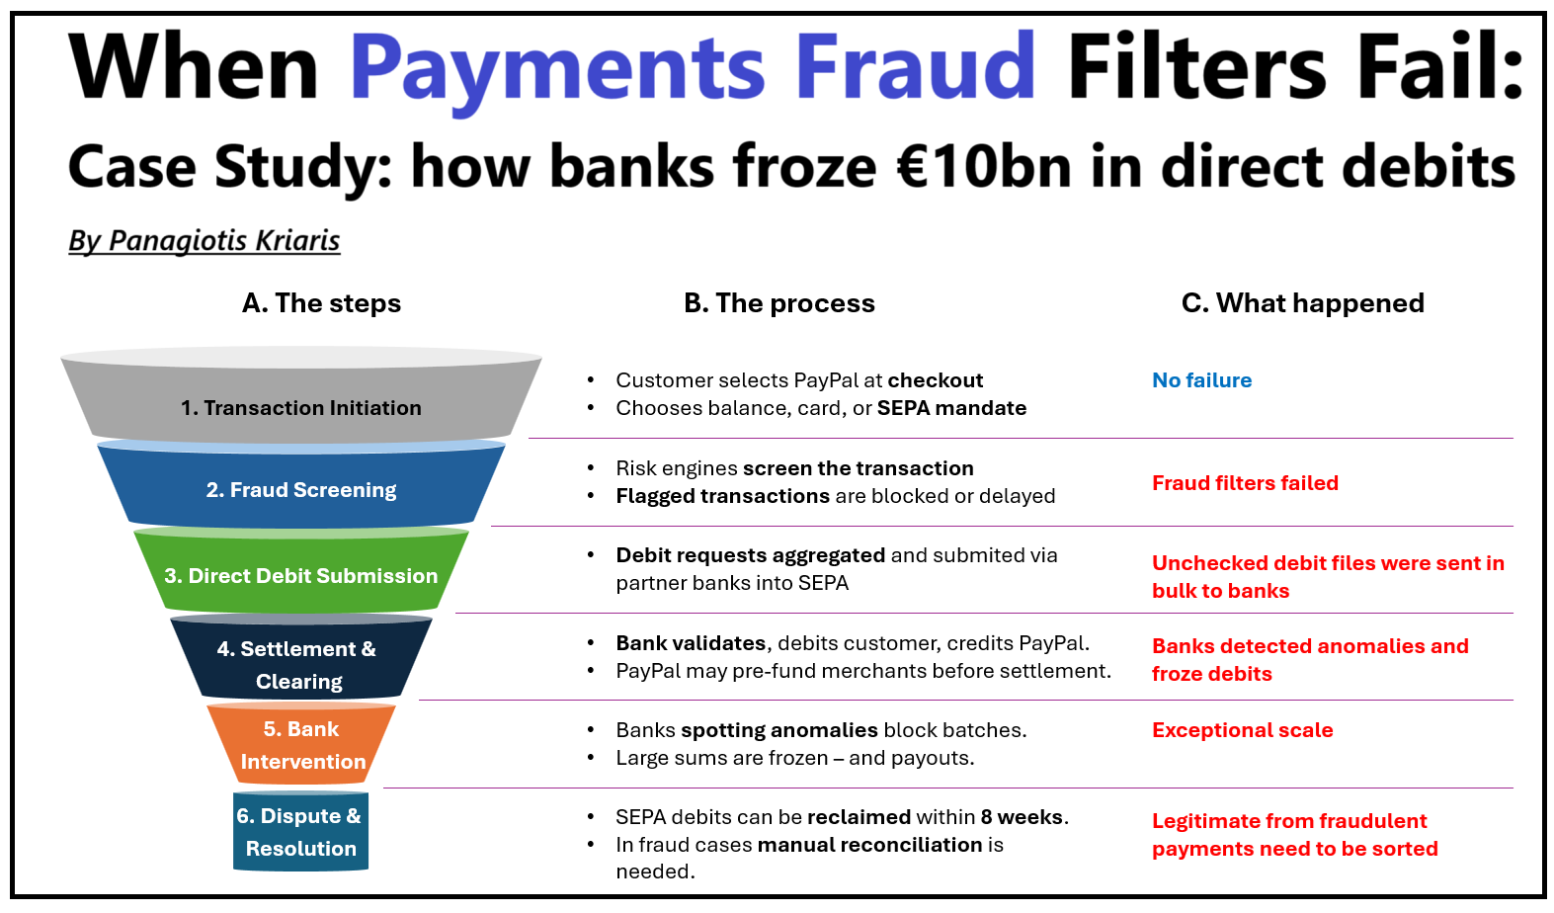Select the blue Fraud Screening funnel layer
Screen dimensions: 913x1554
(x=300, y=489)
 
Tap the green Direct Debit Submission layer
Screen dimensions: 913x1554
(x=300, y=575)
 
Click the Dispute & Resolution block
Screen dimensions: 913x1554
(x=300, y=831)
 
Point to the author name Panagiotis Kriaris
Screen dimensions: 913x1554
(x=223, y=240)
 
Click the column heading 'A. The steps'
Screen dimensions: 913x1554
(x=321, y=302)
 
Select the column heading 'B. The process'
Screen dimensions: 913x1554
(x=778, y=302)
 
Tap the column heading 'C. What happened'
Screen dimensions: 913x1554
(x=1302, y=302)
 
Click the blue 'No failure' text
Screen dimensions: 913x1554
(x=1201, y=380)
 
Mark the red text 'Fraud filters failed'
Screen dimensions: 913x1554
(x=1245, y=483)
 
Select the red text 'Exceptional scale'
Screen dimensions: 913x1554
(x=1242, y=730)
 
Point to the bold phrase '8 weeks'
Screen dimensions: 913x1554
(x=1022, y=817)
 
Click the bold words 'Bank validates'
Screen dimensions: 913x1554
(x=691, y=643)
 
